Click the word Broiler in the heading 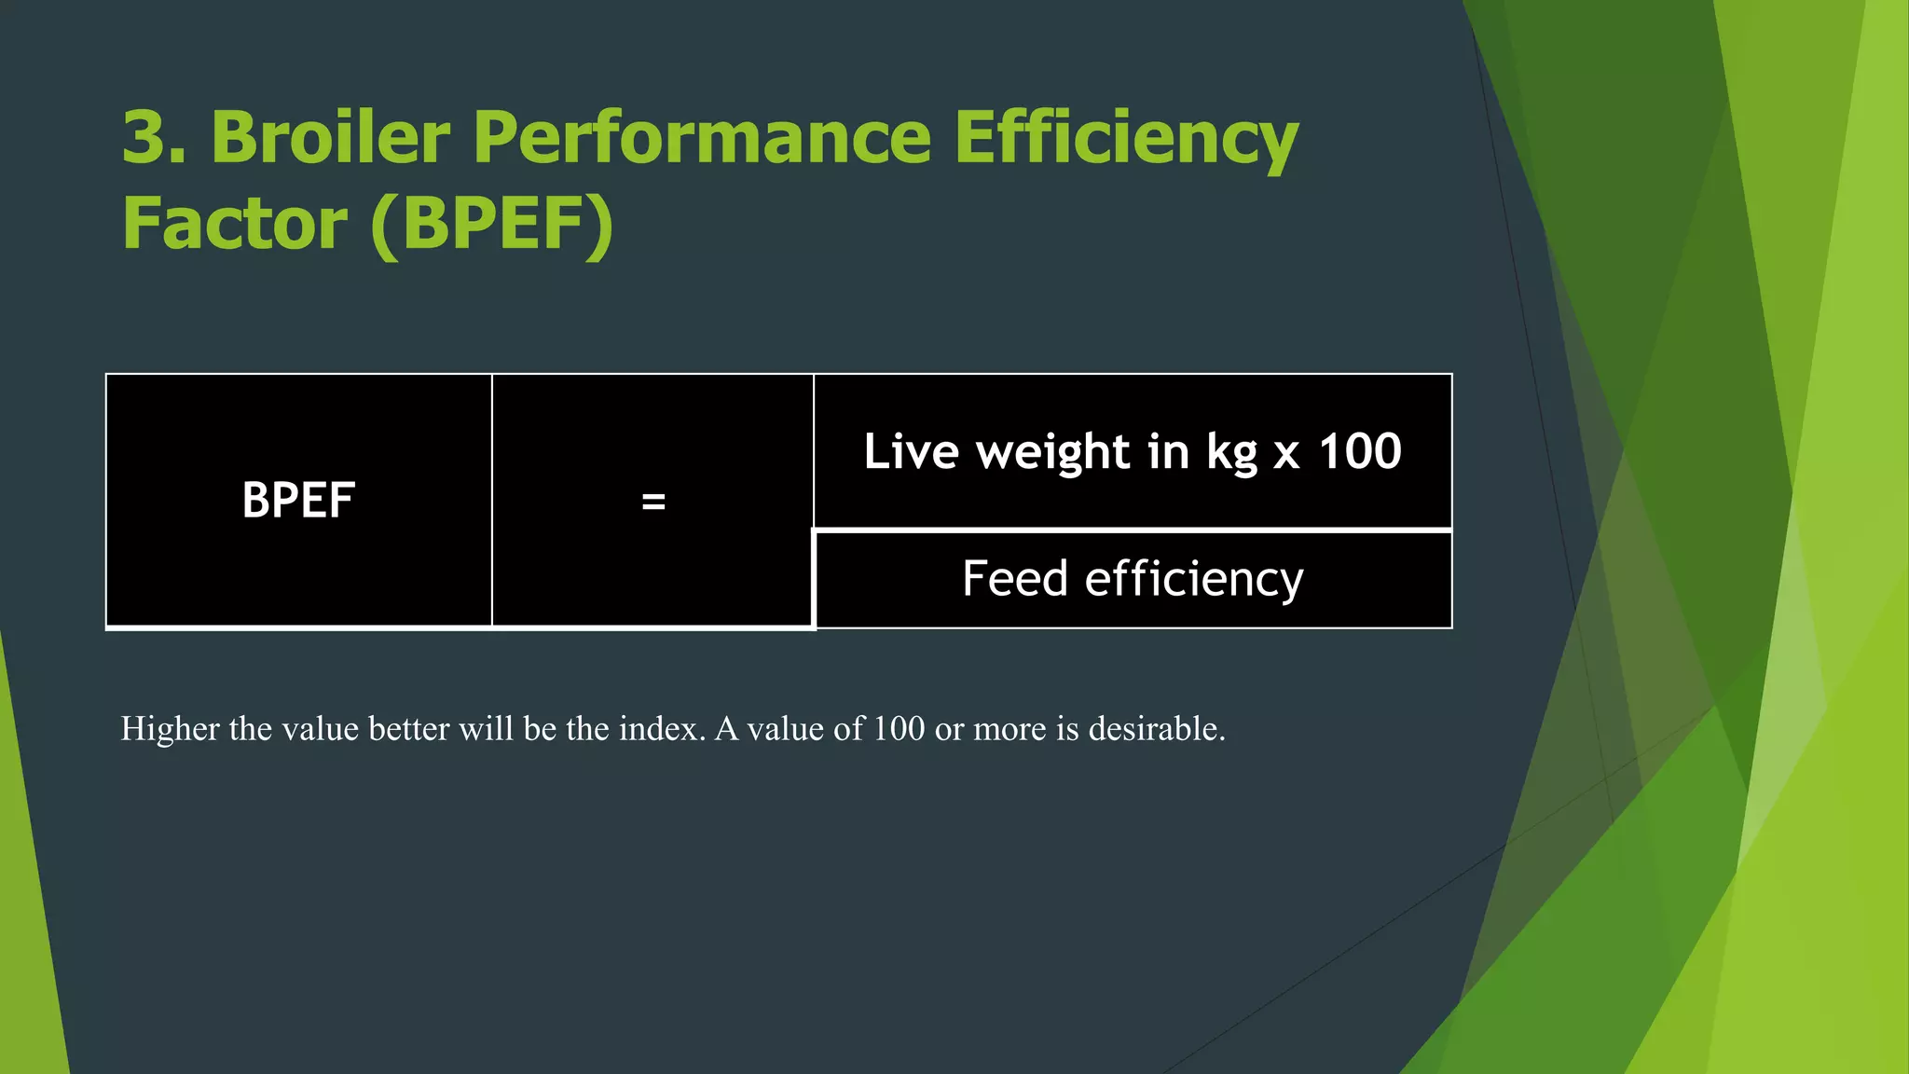tap(331, 138)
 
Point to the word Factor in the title tap(235, 224)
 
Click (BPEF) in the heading tap(492, 224)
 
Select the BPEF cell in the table tap(298, 501)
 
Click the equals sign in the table tap(653, 503)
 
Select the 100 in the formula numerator tap(1360, 452)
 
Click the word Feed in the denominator tap(1015, 579)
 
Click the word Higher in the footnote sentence tap(170, 729)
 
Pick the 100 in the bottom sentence tap(899, 729)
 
